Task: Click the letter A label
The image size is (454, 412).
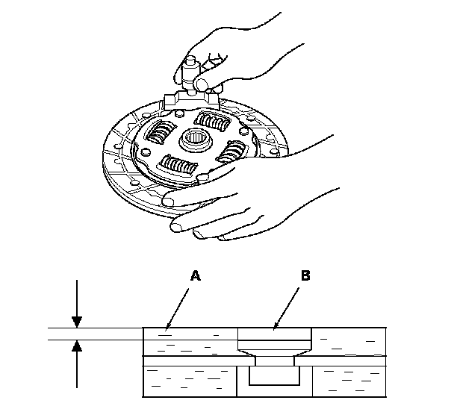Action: tap(196, 275)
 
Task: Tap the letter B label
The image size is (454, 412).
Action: tap(305, 275)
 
